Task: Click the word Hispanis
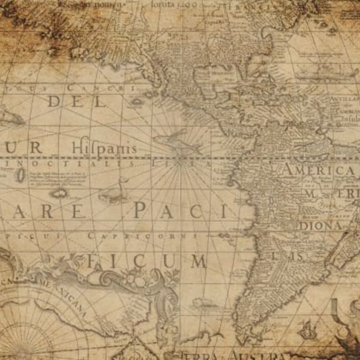tap(104, 148)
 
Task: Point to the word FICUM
tap(147, 261)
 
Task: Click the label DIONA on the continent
tap(321, 226)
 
